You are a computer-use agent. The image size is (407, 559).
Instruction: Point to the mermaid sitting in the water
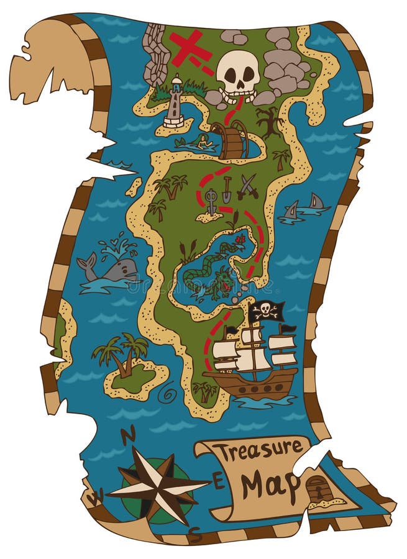pyautogui.click(x=203, y=143)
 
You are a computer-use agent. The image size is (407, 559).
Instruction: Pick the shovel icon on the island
pyautogui.click(x=227, y=189)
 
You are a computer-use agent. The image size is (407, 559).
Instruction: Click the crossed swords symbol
pyautogui.click(x=247, y=186)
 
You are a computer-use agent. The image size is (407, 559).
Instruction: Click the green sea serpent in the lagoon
pyautogui.click(x=214, y=273)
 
